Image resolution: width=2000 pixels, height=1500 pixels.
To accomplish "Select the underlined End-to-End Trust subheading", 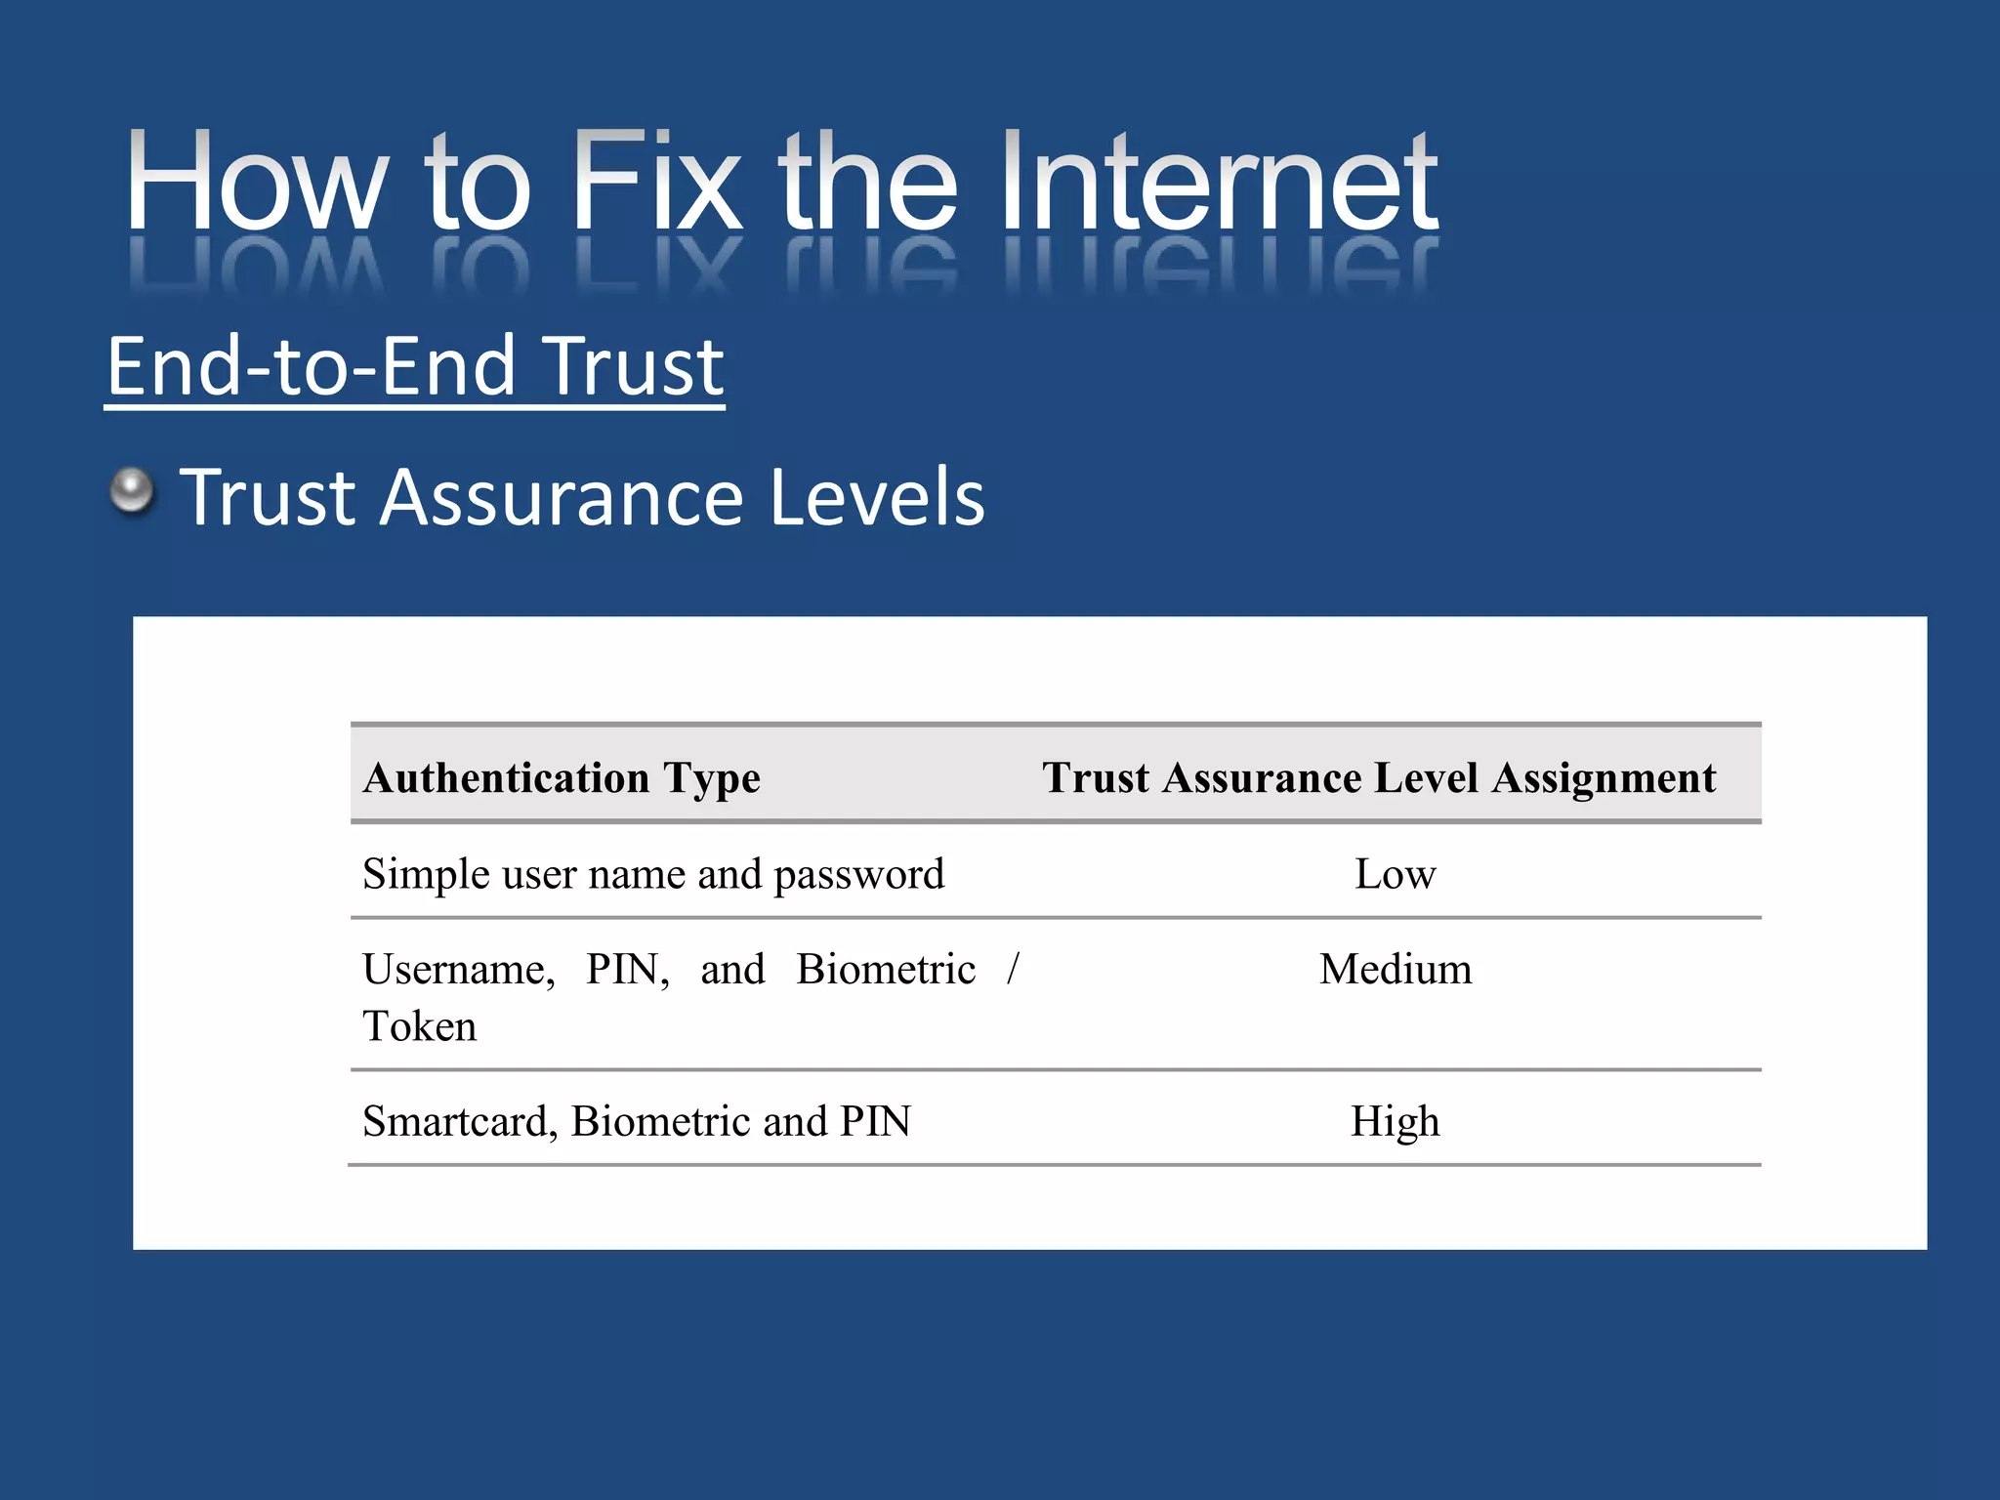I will coord(415,366).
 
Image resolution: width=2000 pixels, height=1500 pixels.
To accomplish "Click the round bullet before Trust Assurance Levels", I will coord(132,490).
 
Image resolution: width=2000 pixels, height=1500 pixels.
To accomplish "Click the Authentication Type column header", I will coord(562,778).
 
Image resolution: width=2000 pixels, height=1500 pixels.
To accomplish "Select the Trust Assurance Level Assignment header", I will coord(1378,778).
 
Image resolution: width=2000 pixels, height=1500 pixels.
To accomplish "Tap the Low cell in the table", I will coord(1395,874).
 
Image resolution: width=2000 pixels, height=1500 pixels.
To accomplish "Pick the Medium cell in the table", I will coord(1395,970).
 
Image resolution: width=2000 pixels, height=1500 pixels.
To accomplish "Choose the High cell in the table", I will coord(1395,1121).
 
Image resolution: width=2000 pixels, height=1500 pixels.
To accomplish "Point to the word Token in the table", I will coord(420,1026).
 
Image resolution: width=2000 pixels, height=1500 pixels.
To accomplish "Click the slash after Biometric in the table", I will coord(1013,969).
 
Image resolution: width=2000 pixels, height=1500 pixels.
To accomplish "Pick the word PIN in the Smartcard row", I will coord(875,1121).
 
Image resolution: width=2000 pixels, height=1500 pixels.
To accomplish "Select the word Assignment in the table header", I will coord(1604,778).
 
